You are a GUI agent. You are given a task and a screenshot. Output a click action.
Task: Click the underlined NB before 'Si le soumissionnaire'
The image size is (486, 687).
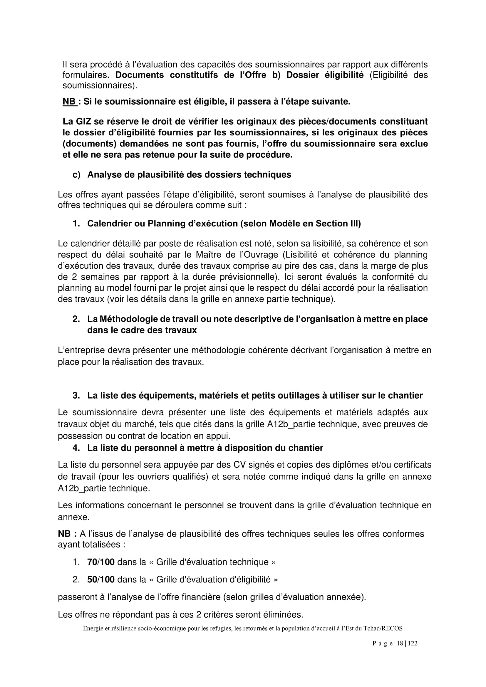(x=69, y=102)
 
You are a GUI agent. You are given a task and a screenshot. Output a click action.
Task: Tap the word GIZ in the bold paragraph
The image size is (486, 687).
(x=83, y=122)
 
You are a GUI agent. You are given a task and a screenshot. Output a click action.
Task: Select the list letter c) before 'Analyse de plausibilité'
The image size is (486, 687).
(x=77, y=175)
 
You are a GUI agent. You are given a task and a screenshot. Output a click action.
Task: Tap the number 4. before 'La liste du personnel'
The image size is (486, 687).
(x=76, y=448)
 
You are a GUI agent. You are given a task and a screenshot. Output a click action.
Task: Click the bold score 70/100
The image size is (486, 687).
(x=101, y=562)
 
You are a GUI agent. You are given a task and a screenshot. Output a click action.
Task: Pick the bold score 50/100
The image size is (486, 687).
(x=101, y=580)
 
